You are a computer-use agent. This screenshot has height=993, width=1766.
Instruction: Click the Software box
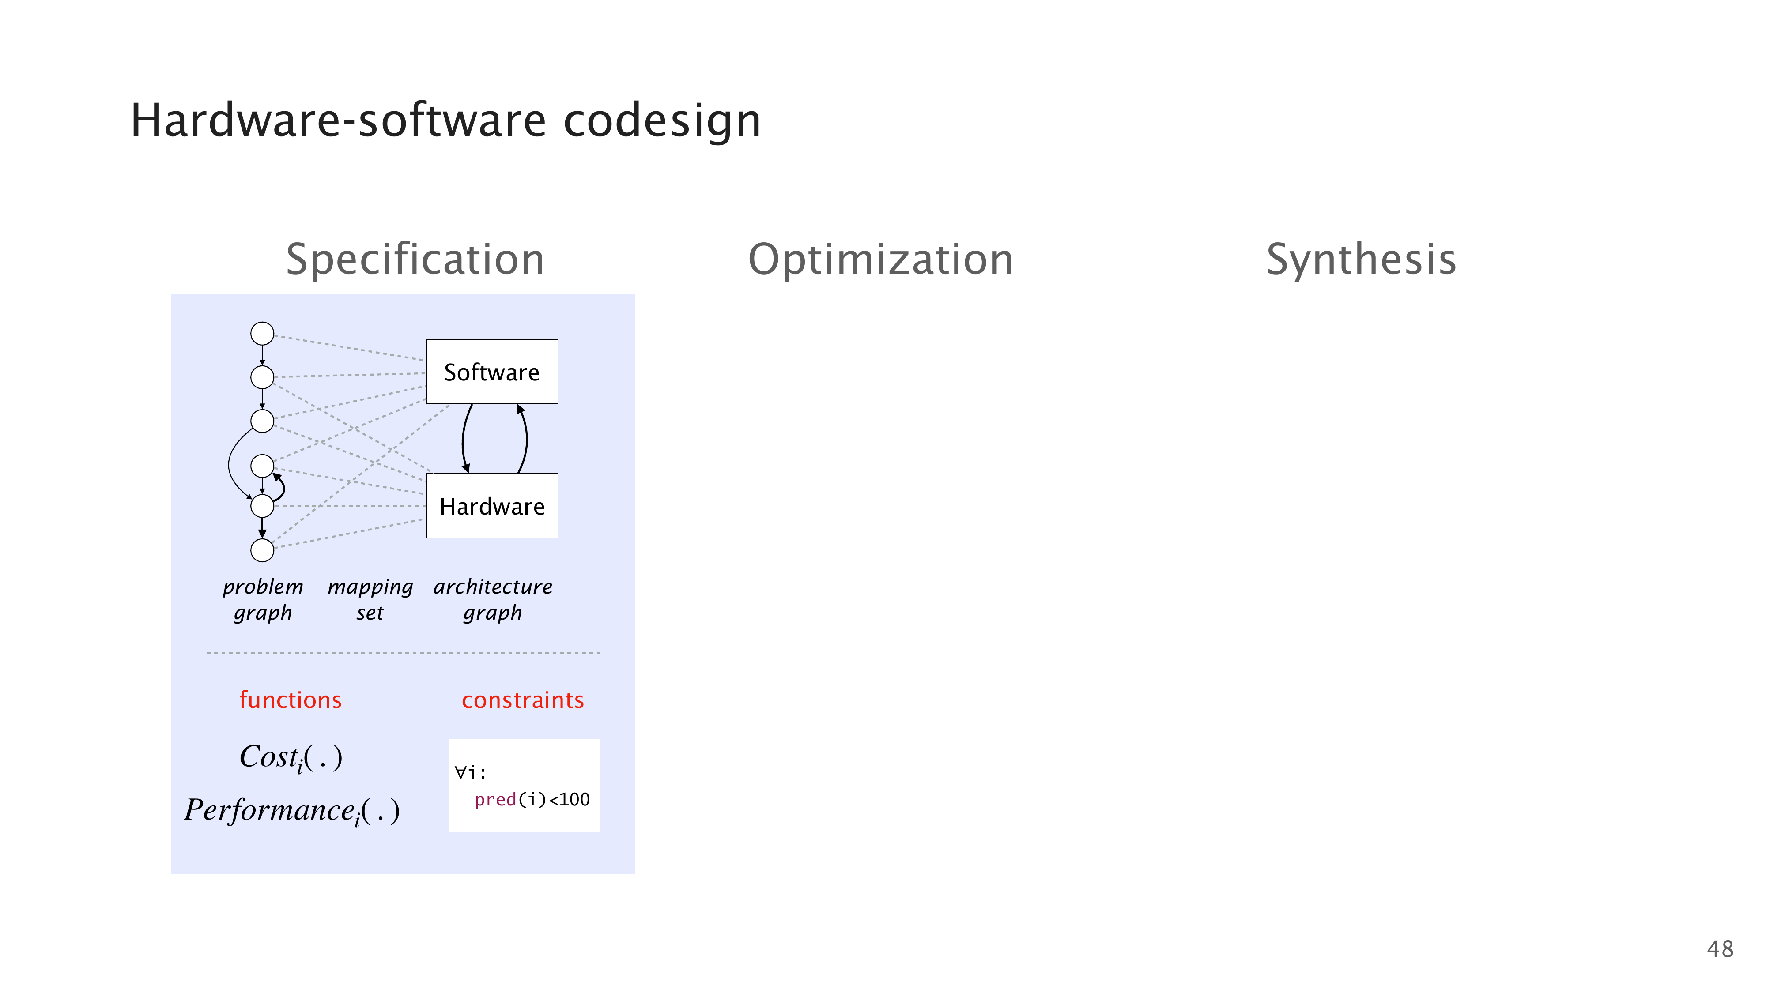point(492,372)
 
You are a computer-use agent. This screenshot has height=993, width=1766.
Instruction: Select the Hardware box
point(492,506)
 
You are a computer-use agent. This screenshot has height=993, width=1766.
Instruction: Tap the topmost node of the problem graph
point(262,334)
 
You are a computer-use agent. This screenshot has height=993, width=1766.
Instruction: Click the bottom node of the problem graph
point(262,549)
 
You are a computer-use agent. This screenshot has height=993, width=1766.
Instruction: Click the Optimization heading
point(881,260)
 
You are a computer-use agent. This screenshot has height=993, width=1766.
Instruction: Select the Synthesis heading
point(1361,260)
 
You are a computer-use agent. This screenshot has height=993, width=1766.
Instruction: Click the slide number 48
point(1720,949)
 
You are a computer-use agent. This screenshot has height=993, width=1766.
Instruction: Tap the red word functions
point(290,700)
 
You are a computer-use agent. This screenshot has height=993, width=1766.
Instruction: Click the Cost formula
point(291,758)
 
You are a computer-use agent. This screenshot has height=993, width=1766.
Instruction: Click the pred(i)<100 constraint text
point(532,800)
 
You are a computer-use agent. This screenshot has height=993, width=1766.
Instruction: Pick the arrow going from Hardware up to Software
point(526,439)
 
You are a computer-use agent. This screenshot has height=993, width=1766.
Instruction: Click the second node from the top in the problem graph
point(262,377)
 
